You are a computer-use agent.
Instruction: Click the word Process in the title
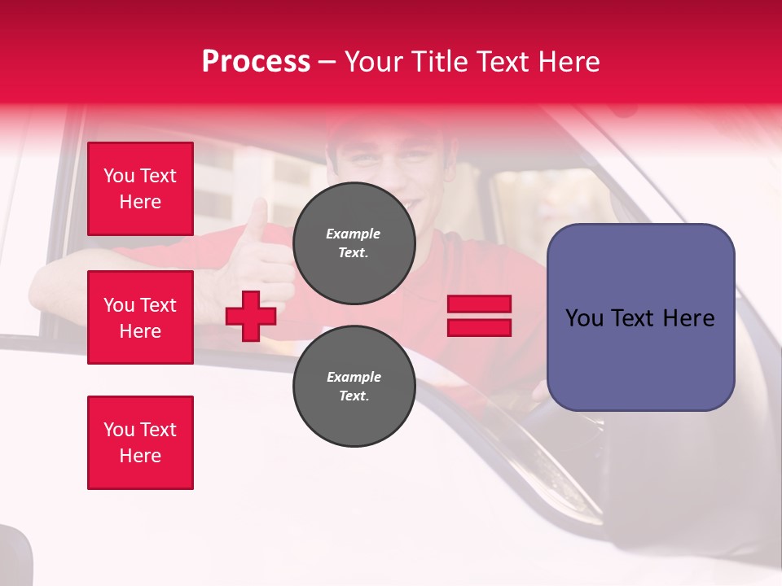tap(256, 62)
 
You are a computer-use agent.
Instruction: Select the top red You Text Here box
tap(140, 189)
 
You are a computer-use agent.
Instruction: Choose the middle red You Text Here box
tap(140, 317)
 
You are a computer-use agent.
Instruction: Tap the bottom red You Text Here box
tap(140, 443)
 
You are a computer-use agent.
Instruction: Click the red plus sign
tap(251, 317)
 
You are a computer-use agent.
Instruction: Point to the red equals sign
tap(480, 316)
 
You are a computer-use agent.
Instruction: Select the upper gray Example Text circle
tap(354, 243)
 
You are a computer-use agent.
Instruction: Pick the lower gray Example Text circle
tap(354, 387)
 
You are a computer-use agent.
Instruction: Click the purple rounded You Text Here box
tap(640, 317)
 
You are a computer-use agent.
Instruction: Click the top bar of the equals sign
tap(480, 304)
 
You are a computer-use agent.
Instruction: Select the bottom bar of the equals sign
tap(480, 327)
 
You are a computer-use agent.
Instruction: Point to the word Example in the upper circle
tap(354, 234)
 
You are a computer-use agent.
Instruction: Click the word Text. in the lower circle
tap(354, 396)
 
